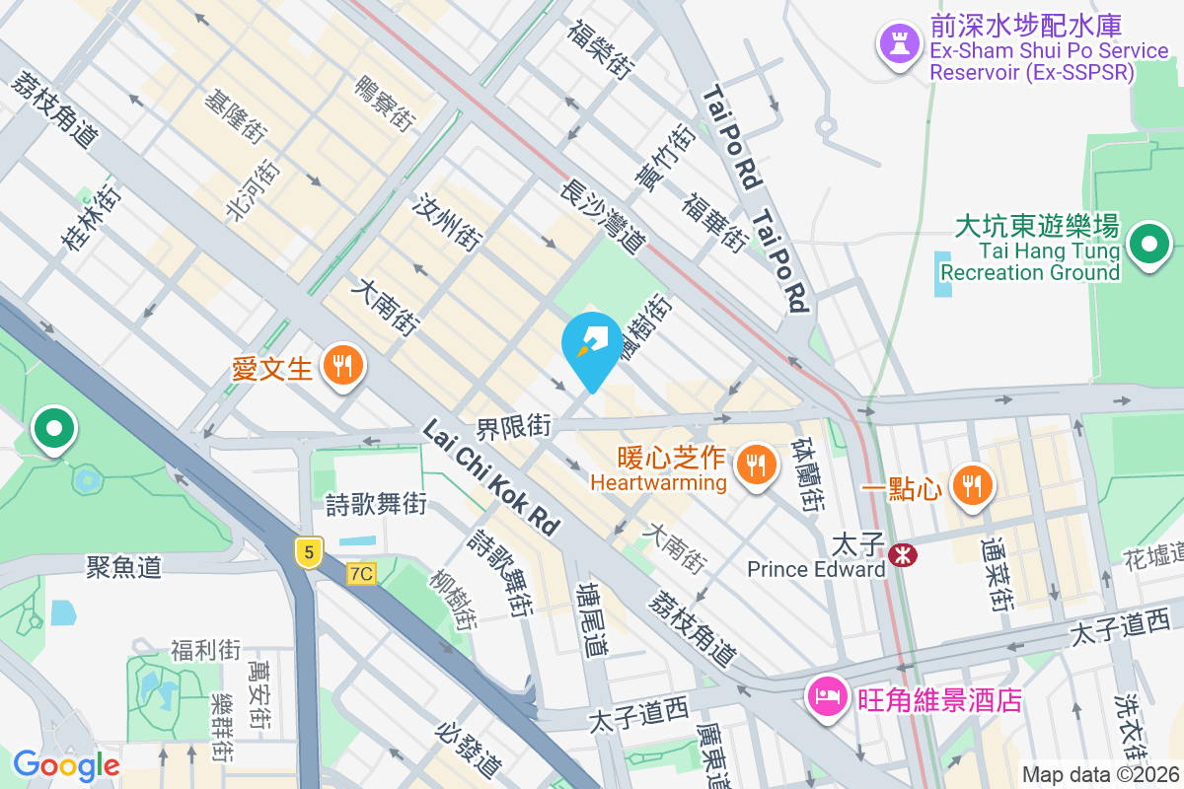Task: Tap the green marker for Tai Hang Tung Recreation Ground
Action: pyautogui.click(x=1148, y=246)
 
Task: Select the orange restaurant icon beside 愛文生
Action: pyautogui.click(x=342, y=367)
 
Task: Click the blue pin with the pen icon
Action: pyautogui.click(x=592, y=346)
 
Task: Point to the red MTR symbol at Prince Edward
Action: pyautogui.click(x=902, y=555)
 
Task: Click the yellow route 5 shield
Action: pyautogui.click(x=309, y=553)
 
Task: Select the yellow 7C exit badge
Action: pyautogui.click(x=362, y=573)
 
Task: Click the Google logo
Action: pyautogui.click(x=66, y=764)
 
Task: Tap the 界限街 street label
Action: pyautogui.click(x=513, y=427)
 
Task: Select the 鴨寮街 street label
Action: pyautogui.click(x=383, y=104)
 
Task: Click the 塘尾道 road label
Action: pyautogui.click(x=594, y=619)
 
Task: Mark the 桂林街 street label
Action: pyautogui.click(x=92, y=220)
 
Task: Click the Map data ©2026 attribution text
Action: pyautogui.click(x=1101, y=774)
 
